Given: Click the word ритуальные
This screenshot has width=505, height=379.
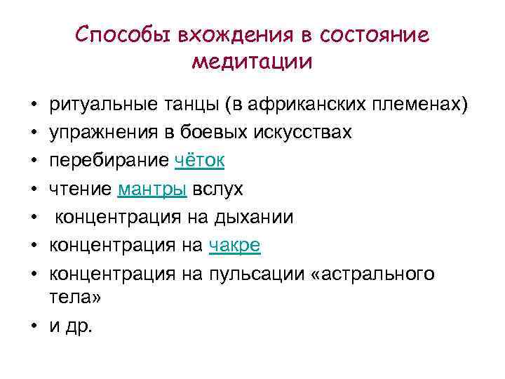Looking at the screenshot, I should point(99,105).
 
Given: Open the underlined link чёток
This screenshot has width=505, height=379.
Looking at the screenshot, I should point(198,160).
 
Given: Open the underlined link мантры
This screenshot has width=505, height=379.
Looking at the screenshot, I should point(152,188).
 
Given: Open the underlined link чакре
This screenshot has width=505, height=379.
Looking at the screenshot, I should point(235,245).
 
